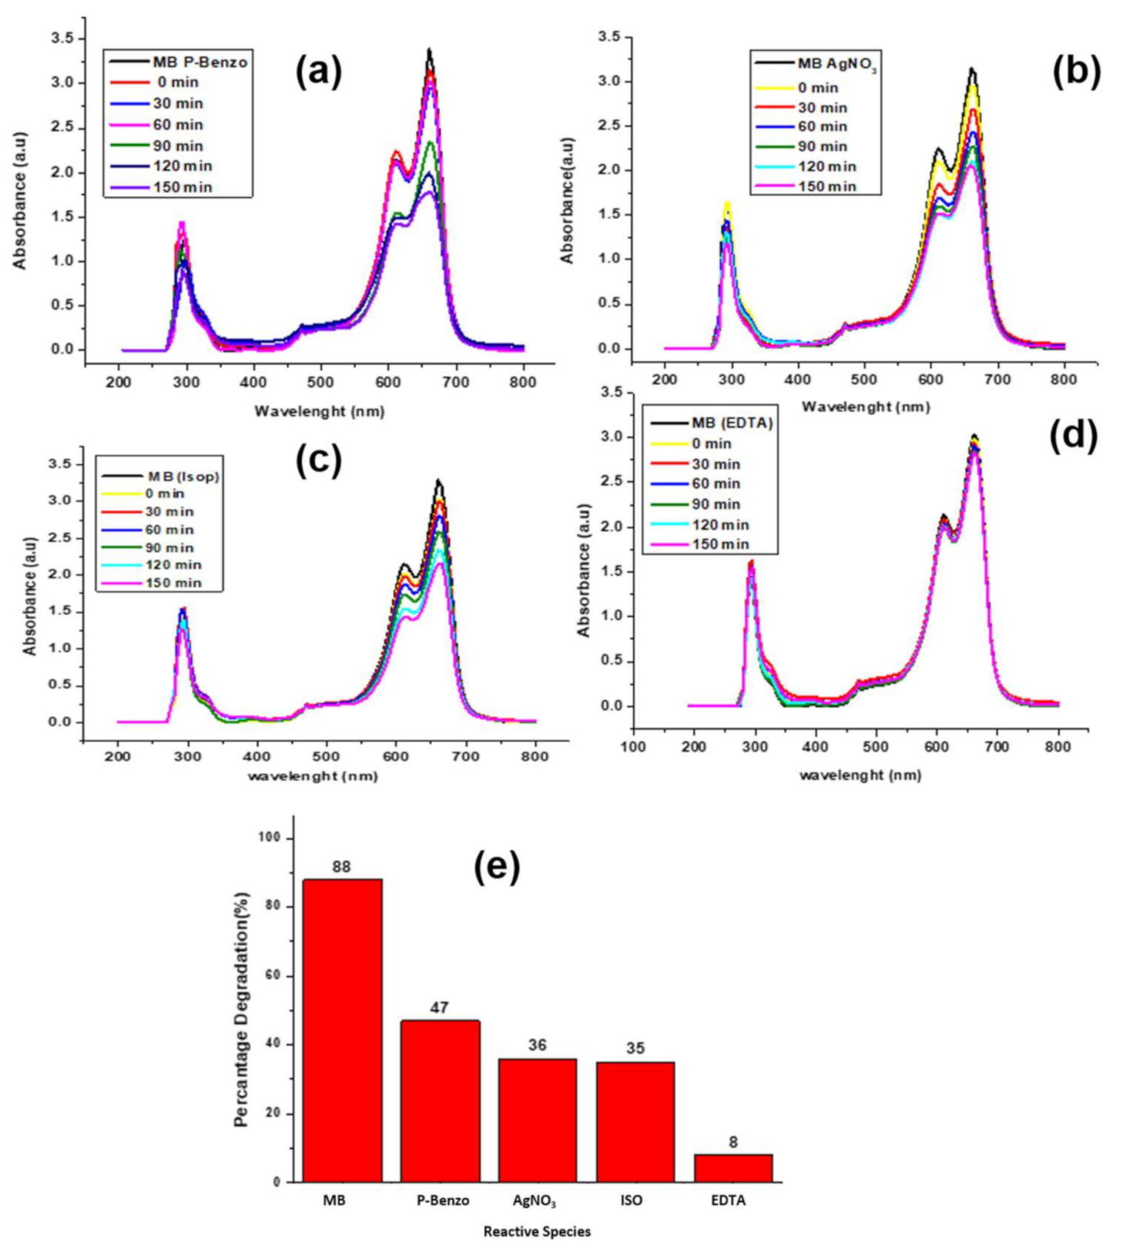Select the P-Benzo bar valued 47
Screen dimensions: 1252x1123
pyautogui.click(x=440, y=1101)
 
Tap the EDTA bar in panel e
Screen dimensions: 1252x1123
pyautogui.click(x=732, y=1167)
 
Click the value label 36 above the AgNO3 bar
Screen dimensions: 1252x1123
pyautogui.click(x=537, y=1045)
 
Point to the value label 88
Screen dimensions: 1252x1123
pyautogui.click(x=341, y=866)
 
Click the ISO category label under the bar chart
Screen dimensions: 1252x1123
pyautogui.click(x=631, y=1200)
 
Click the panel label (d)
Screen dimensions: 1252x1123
pyautogui.click(x=1073, y=436)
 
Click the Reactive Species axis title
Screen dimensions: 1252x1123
pyautogui.click(x=537, y=1231)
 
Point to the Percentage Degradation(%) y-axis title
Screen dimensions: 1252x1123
pyautogui.click(x=242, y=1009)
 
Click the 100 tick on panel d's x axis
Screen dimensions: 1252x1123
pyautogui.click(x=634, y=747)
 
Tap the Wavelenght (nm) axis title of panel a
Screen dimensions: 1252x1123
pyautogui.click(x=320, y=411)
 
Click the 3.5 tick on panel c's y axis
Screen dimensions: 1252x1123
pyautogui.click(x=60, y=464)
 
